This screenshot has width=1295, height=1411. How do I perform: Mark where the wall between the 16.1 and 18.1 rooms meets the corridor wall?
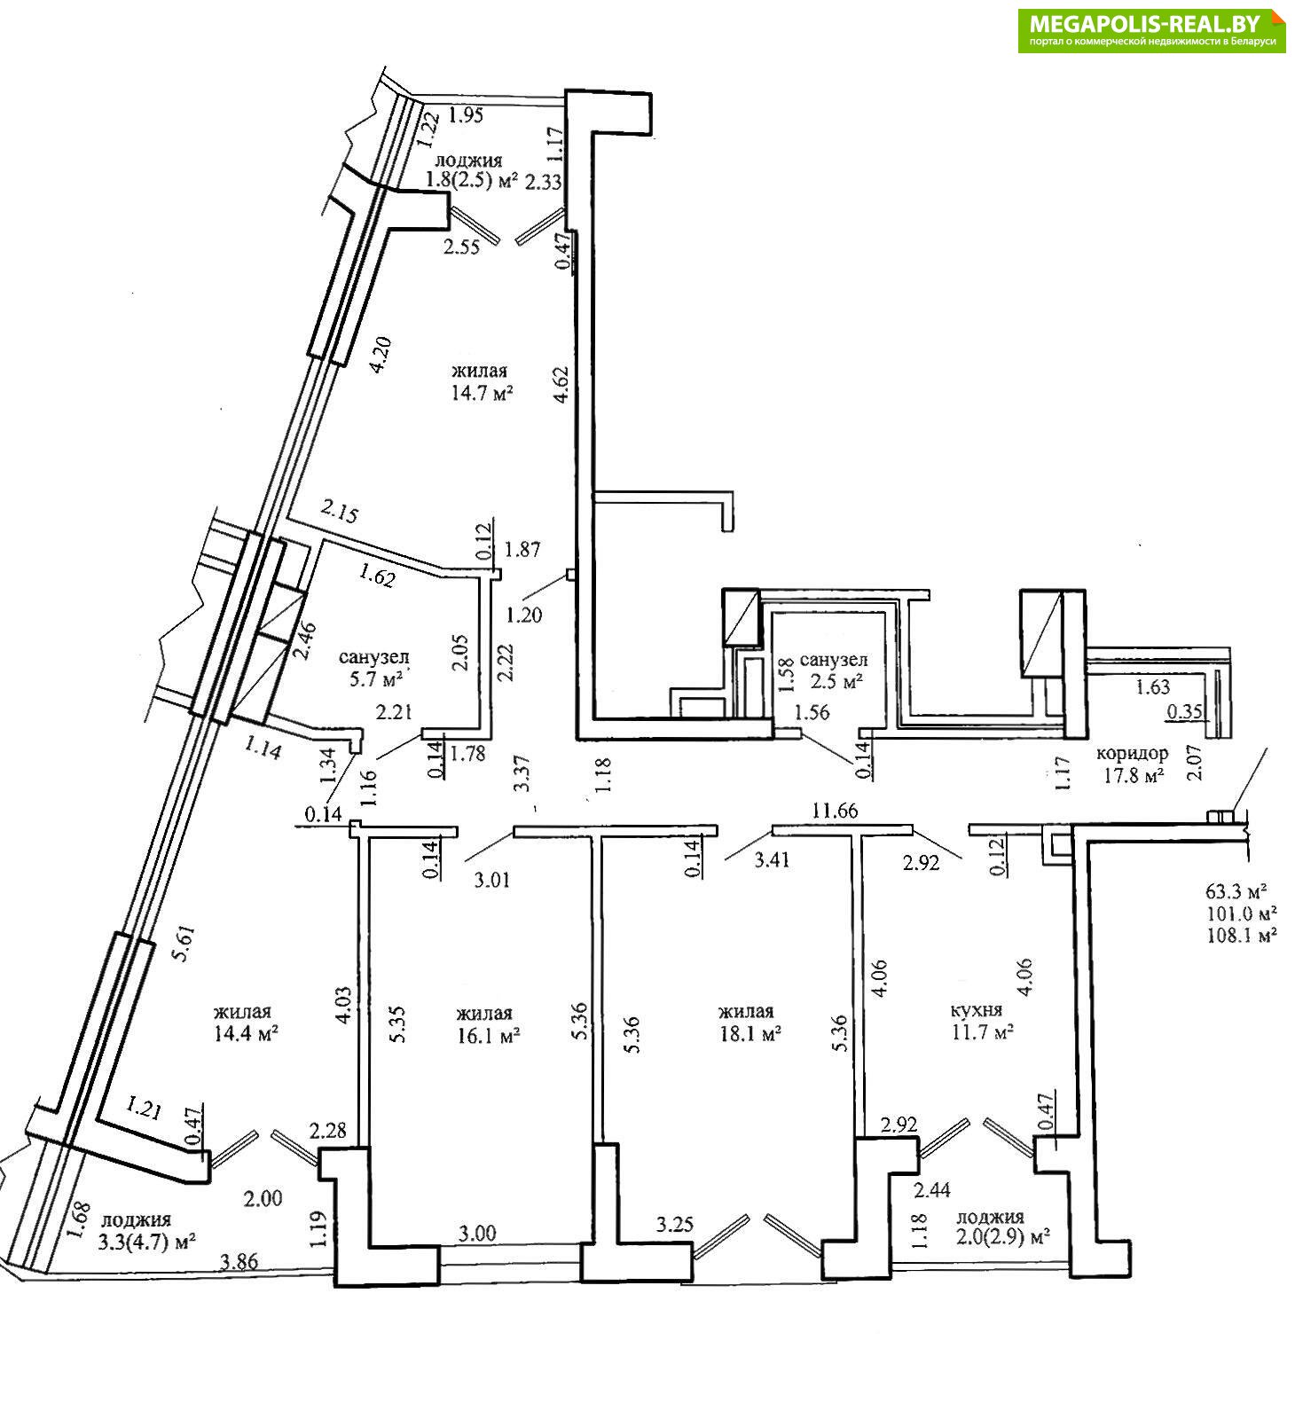597,832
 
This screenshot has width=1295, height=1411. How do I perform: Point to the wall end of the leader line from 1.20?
566,577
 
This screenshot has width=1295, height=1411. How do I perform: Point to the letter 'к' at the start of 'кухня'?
955,1010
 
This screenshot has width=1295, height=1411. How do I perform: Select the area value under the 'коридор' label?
1132,773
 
